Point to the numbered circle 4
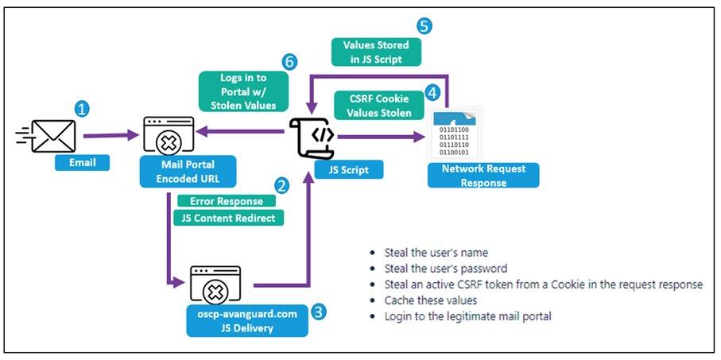(432, 93)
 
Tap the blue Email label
(80, 163)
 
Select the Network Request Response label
(483, 176)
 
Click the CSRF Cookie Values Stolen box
(378, 106)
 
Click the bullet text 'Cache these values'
(429, 301)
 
